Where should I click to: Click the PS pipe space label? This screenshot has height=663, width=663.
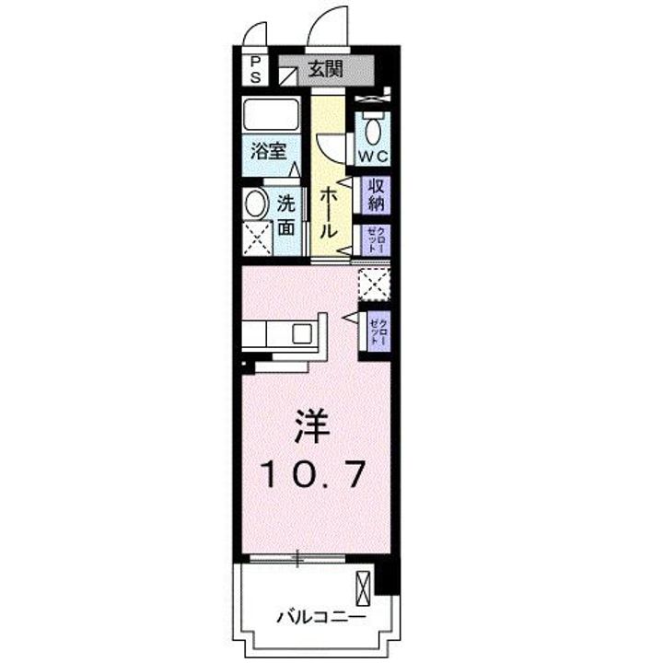coord(255,70)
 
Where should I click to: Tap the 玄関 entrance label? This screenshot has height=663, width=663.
coord(326,68)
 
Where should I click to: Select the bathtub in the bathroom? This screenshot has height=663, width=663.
coord(272,114)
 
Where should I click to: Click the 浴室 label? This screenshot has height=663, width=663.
coord(269,151)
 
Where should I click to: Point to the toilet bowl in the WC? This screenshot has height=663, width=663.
coord(373,132)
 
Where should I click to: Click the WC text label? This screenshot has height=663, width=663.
coord(373,157)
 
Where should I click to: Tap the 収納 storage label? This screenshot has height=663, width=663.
coord(376,195)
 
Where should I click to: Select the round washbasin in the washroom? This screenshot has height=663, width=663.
coord(255,204)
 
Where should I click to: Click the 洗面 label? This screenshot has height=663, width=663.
coord(286,216)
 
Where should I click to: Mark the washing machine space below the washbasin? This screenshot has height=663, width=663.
coord(258,238)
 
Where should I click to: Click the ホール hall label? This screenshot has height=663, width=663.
coord(328,214)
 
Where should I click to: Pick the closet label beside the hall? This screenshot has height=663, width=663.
coord(376,239)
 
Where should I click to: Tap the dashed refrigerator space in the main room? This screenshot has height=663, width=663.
coord(374,285)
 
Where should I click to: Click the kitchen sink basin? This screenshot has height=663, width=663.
coord(302,333)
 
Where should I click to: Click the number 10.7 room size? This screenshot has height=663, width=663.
coord(312,474)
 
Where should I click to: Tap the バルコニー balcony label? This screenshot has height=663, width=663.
coord(321,617)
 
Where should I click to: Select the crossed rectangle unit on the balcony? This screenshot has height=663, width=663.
coord(363,588)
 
